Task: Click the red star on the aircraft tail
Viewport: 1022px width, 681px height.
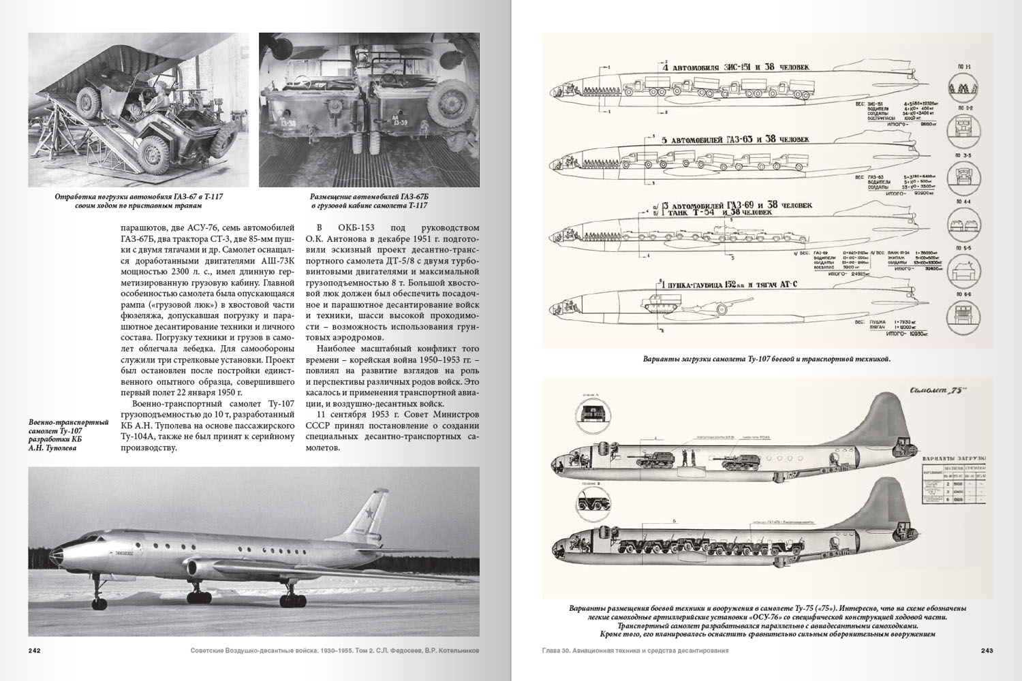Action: point(370,520)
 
